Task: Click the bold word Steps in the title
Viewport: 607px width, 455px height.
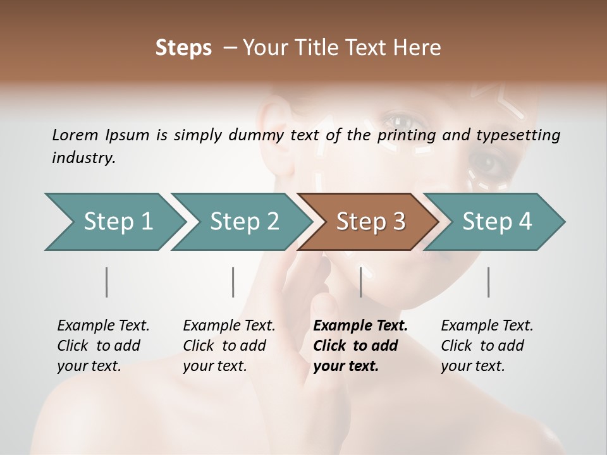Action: pos(183,48)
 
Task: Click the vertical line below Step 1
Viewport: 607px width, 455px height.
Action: pos(107,282)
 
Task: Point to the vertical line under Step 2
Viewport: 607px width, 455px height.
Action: pos(233,282)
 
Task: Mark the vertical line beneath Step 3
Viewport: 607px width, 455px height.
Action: pos(360,282)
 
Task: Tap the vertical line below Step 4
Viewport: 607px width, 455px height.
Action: pos(488,282)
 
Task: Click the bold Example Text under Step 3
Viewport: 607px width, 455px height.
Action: pos(360,326)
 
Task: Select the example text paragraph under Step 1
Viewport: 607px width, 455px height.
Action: pos(103,346)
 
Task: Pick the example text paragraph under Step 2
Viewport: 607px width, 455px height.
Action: pos(229,346)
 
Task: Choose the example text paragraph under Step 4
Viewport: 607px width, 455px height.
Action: pos(487,346)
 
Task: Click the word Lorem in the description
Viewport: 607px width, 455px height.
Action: pos(75,135)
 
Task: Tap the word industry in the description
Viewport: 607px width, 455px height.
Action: pos(83,158)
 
